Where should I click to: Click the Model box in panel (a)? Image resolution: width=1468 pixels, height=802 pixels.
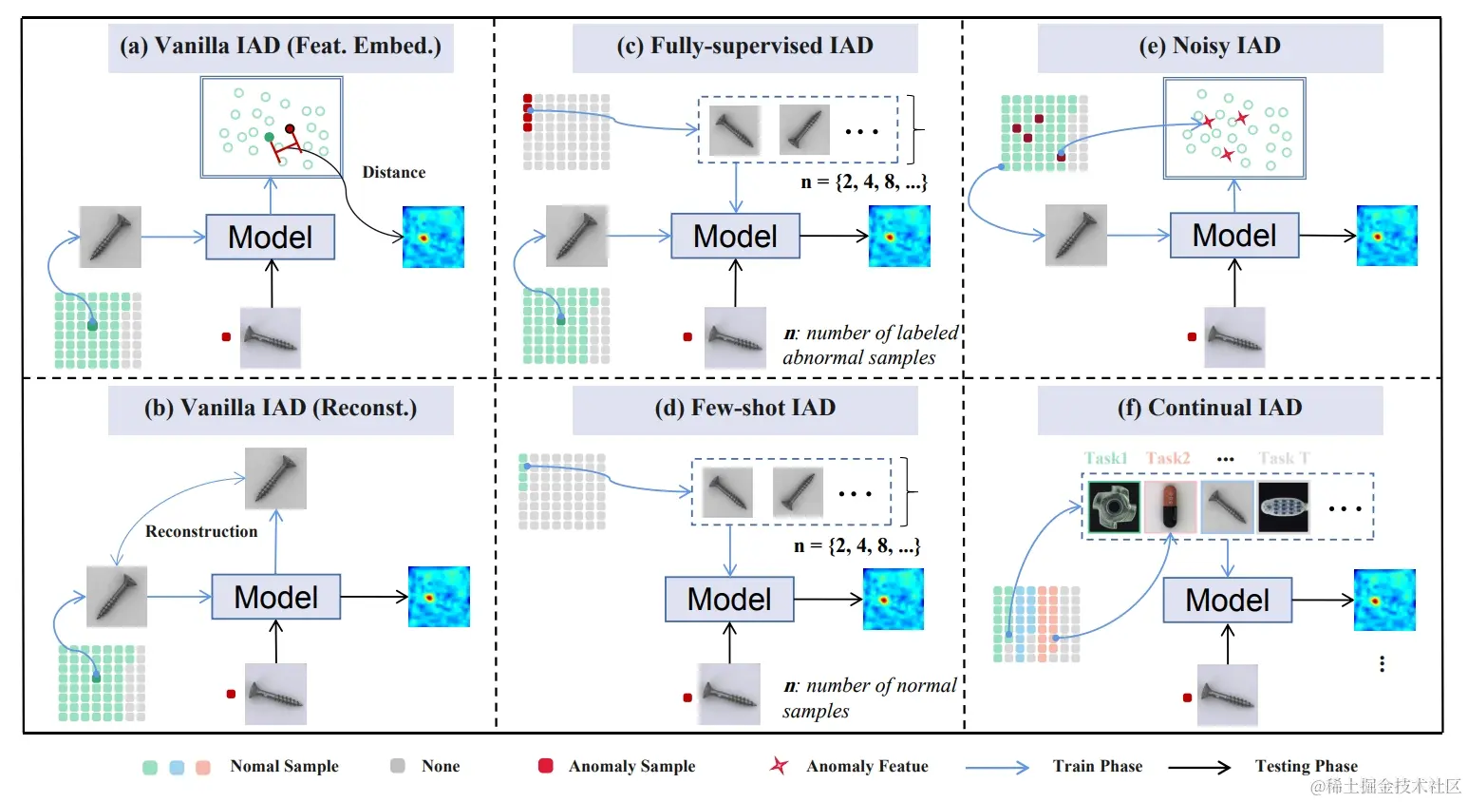point(271,237)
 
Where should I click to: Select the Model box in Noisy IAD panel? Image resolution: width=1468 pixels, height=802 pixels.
point(1233,235)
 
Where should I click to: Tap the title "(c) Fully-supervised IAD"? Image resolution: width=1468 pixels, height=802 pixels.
point(744,47)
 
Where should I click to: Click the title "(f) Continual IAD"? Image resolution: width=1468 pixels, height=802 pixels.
point(1210,409)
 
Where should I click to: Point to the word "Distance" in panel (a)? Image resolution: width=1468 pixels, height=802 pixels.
point(394,172)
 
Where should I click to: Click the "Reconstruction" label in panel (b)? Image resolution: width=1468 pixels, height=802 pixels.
point(201,531)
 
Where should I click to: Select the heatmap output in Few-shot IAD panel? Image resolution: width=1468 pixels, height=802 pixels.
point(893,599)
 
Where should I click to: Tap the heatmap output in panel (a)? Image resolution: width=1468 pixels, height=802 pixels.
point(433,237)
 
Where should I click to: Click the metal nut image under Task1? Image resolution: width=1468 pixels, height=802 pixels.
point(1113,506)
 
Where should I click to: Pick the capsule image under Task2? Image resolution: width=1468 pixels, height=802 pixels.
point(1169,506)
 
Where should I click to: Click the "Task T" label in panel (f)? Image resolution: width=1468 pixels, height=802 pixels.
point(1283,458)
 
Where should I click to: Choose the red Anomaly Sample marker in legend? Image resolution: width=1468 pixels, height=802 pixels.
point(546,766)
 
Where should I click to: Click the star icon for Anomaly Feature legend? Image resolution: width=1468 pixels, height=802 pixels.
point(779,766)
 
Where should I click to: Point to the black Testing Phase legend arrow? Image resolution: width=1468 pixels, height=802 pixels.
point(1198,767)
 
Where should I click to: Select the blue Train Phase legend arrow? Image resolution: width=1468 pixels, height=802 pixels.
point(996,767)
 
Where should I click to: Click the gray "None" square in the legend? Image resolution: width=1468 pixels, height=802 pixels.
point(398,766)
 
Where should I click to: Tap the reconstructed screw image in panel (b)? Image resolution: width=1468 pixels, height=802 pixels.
point(275,478)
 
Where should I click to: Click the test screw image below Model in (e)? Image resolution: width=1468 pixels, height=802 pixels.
point(1233,337)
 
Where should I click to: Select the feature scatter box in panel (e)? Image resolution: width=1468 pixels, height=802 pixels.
point(1233,128)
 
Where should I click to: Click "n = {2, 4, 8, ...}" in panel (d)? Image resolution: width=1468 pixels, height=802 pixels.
point(856,546)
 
